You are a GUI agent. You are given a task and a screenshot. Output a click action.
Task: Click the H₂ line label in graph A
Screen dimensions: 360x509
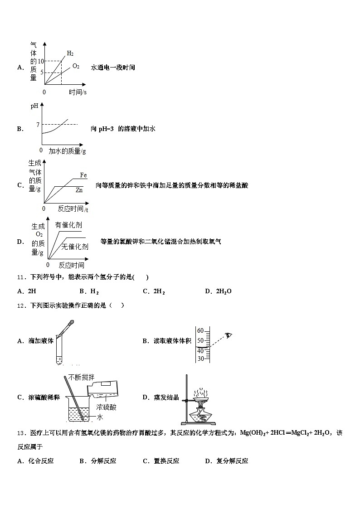[70, 53]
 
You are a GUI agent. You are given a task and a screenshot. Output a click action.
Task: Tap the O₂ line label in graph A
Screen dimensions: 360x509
[76, 66]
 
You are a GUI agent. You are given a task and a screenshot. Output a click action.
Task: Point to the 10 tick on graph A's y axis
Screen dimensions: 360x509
[40, 61]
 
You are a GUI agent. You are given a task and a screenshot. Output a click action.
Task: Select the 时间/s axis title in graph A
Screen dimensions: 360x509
[78, 92]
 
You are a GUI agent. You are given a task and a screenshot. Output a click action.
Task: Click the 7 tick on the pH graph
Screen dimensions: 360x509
[38, 125]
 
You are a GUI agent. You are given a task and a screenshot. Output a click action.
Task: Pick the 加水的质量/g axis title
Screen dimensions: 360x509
[67, 151]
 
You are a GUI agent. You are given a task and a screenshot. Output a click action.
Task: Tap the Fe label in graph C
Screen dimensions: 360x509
[83, 175]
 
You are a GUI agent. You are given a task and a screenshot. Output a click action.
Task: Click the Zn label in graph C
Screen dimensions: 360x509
[79, 190]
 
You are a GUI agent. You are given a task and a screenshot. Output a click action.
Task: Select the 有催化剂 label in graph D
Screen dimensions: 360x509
[68, 225]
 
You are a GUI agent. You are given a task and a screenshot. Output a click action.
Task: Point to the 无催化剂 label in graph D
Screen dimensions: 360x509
[75, 247]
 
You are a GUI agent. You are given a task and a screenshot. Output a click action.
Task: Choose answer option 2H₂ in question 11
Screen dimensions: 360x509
[159, 291]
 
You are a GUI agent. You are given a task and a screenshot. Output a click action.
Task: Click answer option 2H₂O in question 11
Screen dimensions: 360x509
[224, 291]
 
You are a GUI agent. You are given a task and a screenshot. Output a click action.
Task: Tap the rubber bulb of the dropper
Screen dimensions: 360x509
[71, 324]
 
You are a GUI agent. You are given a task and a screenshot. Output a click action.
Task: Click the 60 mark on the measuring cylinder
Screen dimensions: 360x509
[200, 331]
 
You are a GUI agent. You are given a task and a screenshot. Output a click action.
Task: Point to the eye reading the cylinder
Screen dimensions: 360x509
[229, 335]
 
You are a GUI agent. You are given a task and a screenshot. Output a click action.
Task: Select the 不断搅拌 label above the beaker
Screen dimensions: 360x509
[82, 378]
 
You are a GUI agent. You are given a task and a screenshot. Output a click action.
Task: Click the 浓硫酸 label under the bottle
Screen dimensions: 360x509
[106, 407]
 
